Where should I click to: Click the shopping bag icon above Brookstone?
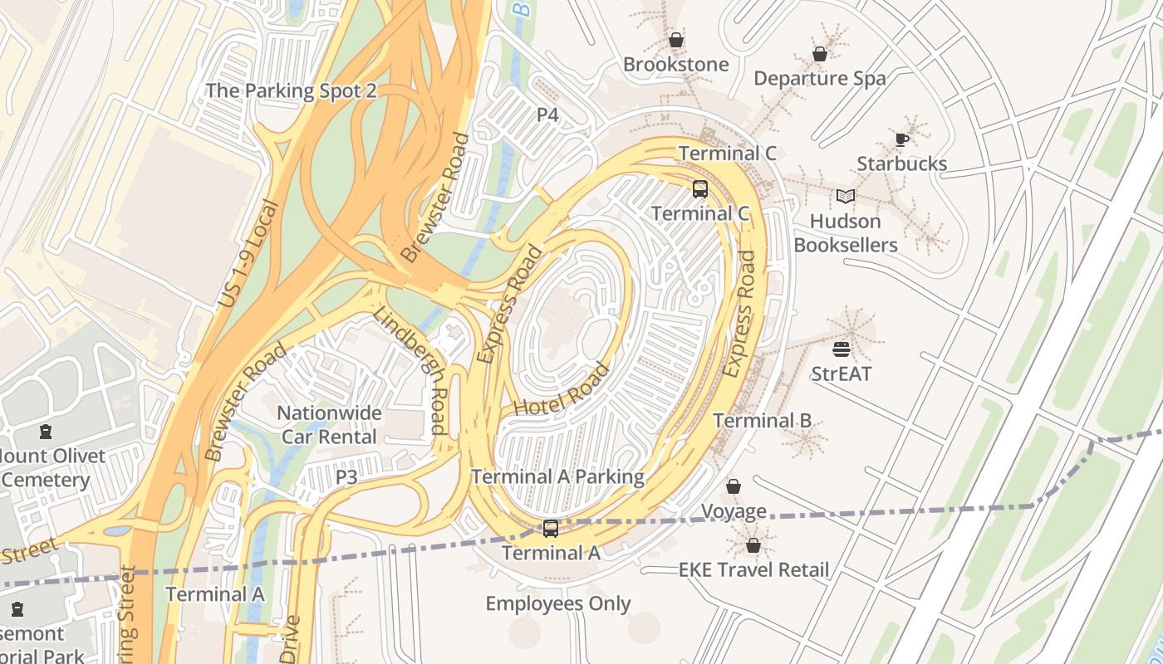coord(676,40)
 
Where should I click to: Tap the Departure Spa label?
coord(819,78)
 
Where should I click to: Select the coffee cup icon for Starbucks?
coord(902,139)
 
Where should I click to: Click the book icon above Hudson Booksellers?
coord(846,197)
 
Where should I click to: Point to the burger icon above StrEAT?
coord(842,349)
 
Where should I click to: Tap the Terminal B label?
coord(762,420)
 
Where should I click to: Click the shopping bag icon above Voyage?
coord(734,486)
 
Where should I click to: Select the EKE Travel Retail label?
coord(753,569)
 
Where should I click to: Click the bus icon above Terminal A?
coord(551,528)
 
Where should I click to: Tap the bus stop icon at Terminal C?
coord(700,189)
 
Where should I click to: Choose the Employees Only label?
coord(558,603)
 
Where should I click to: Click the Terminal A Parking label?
coord(557,476)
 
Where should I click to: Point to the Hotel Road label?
coord(562,390)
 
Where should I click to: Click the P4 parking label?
coord(547,115)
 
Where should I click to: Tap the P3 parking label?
coord(346,477)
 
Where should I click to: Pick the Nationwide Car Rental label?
coord(329,424)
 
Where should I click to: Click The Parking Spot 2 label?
coord(291,90)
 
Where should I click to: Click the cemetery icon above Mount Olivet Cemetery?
coord(45,432)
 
